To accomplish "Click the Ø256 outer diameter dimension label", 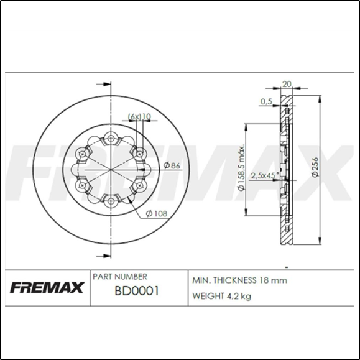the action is pyautogui.click(x=315, y=167).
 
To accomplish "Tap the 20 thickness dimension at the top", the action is pyautogui.click(x=287, y=84).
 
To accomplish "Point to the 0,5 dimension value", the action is pyautogui.click(x=267, y=101).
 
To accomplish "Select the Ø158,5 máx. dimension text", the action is pyautogui.click(x=241, y=168).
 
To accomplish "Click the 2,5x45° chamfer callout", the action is pyautogui.click(x=265, y=175).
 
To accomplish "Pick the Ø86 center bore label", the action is pyautogui.click(x=172, y=165).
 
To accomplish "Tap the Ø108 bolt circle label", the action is pyautogui.click(x=157, y=214).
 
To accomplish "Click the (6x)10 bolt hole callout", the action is pyautogui.click(x=139, y=117).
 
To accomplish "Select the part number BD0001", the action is pyautogui.click(x=137, y=291).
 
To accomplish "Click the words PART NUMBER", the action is pyautogui.click(x=119, y=277).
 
